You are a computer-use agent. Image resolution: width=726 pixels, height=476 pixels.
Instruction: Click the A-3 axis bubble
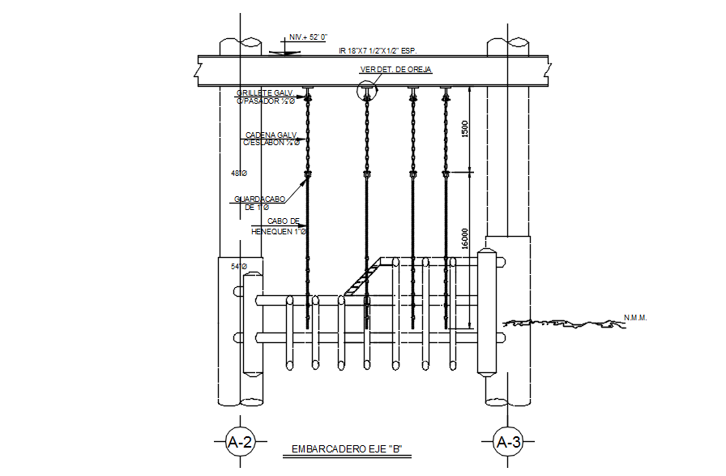508,443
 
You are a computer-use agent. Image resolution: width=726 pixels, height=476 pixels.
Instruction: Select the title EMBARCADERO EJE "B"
347,448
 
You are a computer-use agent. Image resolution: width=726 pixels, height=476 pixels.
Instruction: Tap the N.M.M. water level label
635,317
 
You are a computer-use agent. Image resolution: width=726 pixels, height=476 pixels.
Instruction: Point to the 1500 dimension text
464,131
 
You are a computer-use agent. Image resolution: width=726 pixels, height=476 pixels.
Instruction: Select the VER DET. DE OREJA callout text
396,71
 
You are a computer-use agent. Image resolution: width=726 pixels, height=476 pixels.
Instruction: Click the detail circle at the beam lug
367,92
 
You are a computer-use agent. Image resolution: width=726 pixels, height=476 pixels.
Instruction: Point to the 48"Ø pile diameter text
238,174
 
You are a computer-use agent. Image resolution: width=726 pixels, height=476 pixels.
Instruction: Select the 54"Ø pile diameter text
238,267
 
